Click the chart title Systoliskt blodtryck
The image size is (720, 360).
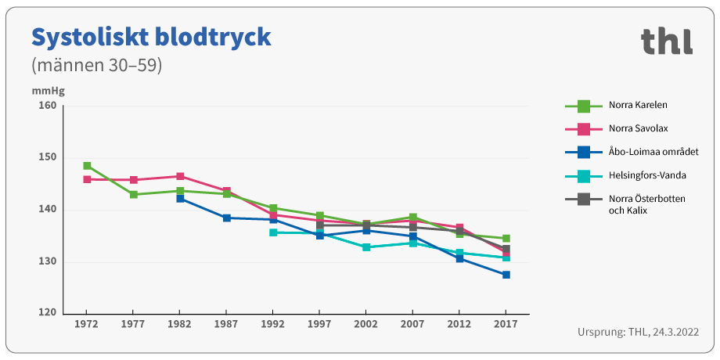click(x=150, y=37)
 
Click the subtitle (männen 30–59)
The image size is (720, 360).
click(x=96, y=65)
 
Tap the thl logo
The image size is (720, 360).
click(x=666, y=41)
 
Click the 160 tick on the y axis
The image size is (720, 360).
click(x=48, y=106)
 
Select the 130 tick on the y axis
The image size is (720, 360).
click(x=48, y=262)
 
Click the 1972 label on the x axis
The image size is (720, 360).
click(x=87, y=323)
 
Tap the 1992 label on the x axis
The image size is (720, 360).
click(x=273, y=323)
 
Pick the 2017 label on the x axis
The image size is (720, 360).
click(x=506, y=323)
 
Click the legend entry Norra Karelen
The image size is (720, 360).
click(x=638, y=105)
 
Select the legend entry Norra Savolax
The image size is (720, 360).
click(x=638, y=128)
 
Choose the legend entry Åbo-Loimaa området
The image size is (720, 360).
click(x=653, y=152)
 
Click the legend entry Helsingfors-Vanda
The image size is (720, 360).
click(x=647, y=175)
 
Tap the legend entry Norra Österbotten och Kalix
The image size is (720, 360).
click(x=646, y=205)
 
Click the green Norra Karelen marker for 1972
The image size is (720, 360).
click(x=87, y=166)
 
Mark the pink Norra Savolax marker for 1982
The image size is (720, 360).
click(x=180, y=177)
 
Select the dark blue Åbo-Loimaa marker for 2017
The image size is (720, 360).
click(x=506, y=275)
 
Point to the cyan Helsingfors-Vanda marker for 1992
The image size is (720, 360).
click(x=273, y=232)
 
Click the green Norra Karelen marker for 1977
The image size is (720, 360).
click(x=134, y=195)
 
